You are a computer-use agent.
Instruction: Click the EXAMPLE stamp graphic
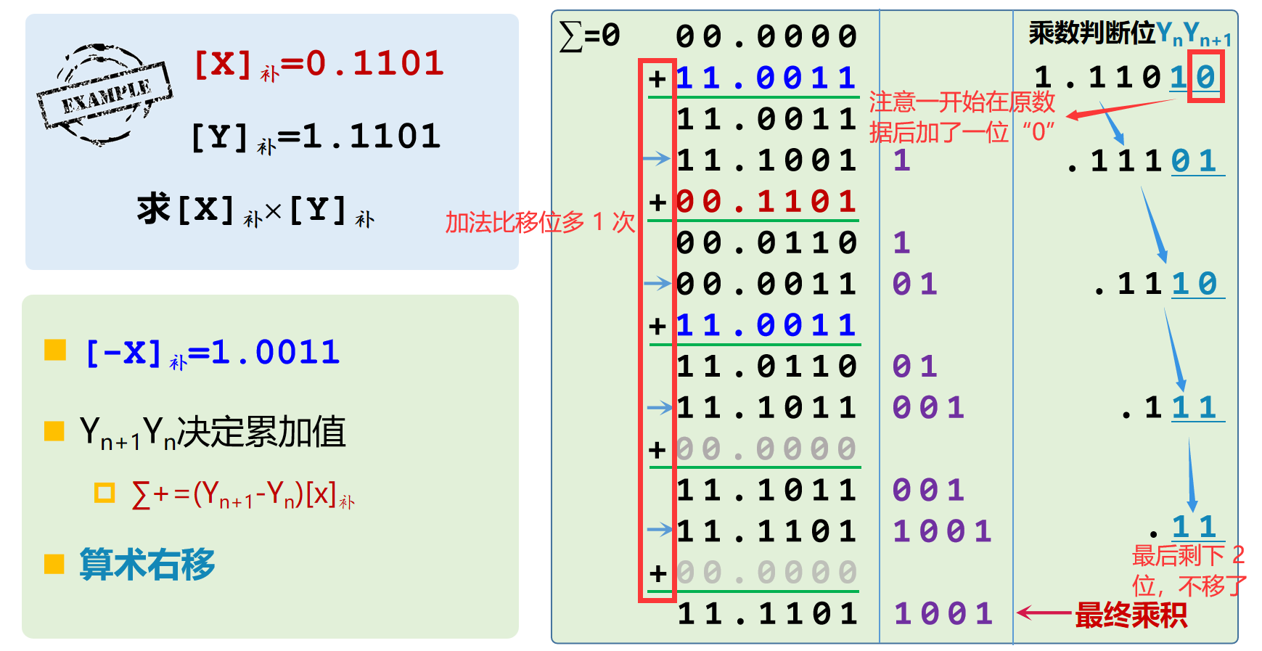tap(104, 95)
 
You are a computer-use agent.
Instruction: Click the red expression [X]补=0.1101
tap(319, 64)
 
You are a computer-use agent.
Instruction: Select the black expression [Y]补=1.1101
tap(316, 136)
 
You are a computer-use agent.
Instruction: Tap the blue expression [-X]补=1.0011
tap(213, 353)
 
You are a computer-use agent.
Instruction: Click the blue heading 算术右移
tap(147, 564)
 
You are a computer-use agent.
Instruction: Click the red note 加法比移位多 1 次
tap(540, 222)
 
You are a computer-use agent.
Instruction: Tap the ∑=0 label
tap(590, 36)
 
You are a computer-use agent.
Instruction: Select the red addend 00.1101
tap(766, 201)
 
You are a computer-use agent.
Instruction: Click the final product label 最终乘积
tap(1131, 615)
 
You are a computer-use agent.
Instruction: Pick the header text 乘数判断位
tap(1091, 33)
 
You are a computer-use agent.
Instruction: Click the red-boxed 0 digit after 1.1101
tap(1205, 76)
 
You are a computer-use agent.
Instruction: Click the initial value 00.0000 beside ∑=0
tap(766, 36)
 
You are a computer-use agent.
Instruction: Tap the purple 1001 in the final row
tap(943, 614)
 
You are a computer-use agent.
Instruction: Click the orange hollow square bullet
tap(105, 494)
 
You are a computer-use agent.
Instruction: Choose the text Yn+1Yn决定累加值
tap(213, 433)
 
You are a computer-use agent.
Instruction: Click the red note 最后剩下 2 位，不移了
tap(1189, 570)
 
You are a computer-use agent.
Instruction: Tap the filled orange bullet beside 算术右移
tap(54, 564)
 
